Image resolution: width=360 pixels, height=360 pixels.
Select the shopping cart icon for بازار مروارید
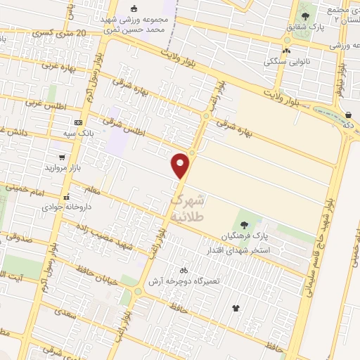click(63, 158)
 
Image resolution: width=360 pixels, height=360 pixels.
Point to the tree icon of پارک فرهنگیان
click(244, 225)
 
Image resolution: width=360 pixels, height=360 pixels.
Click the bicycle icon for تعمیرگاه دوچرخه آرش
click(184, 269)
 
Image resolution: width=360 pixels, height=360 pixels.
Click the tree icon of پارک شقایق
click(304, 16)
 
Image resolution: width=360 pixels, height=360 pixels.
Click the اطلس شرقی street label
click(129, 126)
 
